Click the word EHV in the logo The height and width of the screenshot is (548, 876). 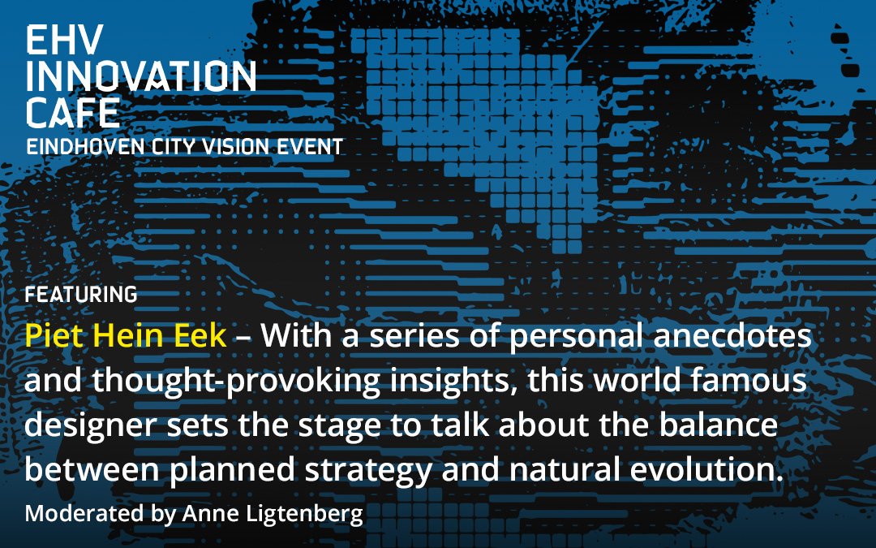point(65,40)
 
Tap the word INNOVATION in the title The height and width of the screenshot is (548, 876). point(141,76)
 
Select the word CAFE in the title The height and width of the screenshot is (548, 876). point(73,112)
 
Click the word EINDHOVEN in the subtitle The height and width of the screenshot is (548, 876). point(85,146)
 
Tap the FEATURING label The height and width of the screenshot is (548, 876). point(81,294)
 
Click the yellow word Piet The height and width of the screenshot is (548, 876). point(54,335)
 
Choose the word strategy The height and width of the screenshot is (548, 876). point(368,471)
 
